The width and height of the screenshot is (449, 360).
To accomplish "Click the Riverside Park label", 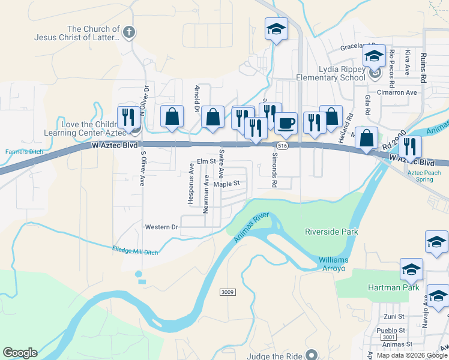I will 331,232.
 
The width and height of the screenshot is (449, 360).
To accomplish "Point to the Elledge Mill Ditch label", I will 135,250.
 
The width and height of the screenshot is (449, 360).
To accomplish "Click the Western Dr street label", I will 162,227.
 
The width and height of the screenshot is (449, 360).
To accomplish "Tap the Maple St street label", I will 226,184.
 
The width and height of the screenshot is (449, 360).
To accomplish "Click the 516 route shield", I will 283,146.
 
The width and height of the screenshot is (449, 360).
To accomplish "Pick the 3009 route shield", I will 226,292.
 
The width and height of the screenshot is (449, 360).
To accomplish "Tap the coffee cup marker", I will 286,123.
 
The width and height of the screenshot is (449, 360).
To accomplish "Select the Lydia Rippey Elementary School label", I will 331,73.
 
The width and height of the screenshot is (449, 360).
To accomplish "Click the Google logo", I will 20,352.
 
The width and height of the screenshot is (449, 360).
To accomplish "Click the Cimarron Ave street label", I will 396,93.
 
